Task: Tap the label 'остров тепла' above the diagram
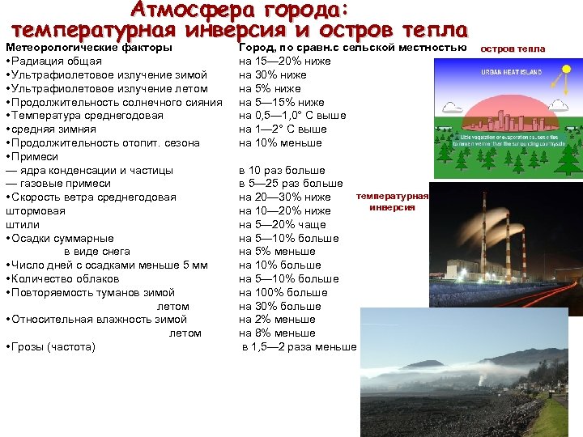[513, 49]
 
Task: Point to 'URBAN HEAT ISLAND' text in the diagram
[513, 71]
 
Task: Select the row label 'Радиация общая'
[56, 62]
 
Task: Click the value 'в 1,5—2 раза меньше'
[300, 347]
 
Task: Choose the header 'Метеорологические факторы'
[88, 48]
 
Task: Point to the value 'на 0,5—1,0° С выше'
[292, 116]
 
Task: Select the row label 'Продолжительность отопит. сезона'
[104, 143]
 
